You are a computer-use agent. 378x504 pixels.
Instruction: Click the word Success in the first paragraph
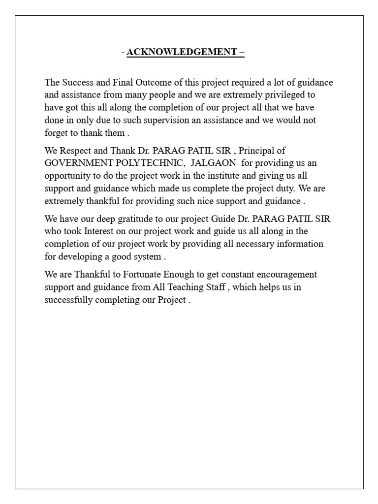76,83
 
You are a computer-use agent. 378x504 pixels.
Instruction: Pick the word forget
56,133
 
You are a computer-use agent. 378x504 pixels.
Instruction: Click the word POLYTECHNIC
151,163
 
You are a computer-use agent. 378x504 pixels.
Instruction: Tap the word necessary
247,244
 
